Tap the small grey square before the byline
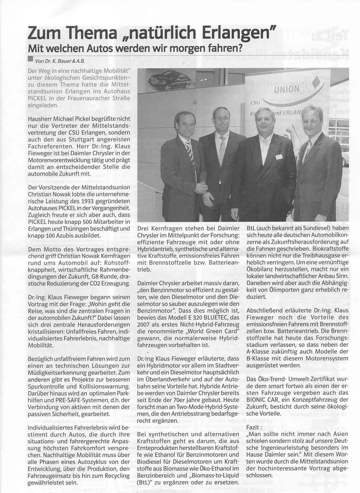pyautogui.click(x=30, y=59)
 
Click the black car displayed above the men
pyautogui.click(x=170, y=80)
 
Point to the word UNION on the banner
pyautogui.click(x=285, y=89)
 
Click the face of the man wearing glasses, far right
pyautogui.click(x=312, y=118)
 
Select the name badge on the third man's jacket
pyautogui.click(x=279, y=157)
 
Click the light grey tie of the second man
pyautogui.click(x=221, y=150)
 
